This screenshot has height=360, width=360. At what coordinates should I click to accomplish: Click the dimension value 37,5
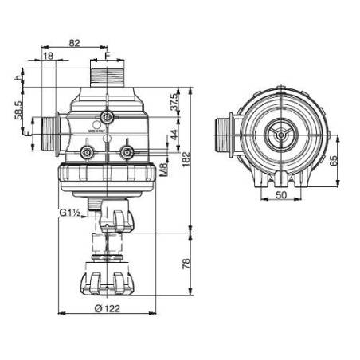(173, 101)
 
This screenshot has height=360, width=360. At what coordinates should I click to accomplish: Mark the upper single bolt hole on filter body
(106, 119)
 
